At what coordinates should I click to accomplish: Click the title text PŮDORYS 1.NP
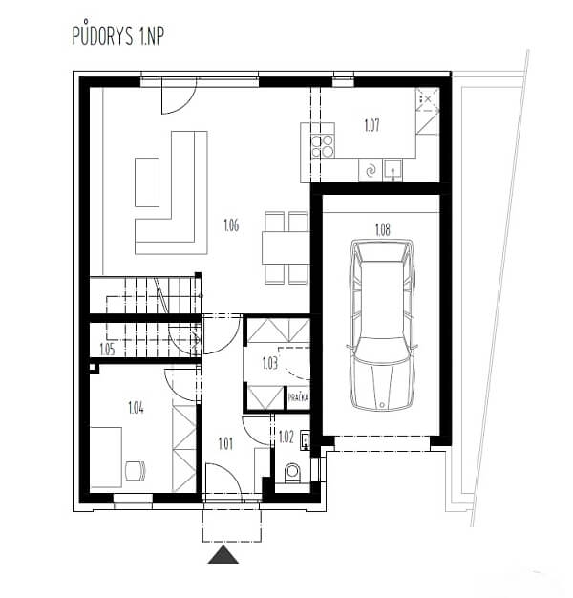pos(118,35)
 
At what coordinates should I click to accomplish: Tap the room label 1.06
pos(231,225)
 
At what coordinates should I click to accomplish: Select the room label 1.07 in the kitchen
pos(371,125)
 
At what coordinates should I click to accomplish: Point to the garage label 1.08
pos(383,230)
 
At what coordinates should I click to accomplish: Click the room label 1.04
pos(137,408)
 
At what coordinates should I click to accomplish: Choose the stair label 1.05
pos(107,350)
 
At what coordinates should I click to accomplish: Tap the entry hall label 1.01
pos(225,444)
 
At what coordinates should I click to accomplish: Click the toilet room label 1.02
pos(286,438)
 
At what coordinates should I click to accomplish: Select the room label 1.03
pos(269,363)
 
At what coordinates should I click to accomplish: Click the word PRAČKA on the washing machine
pos(298,397)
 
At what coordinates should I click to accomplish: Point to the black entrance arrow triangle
pos(223,554)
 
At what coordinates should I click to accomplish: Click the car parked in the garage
pos(382,325)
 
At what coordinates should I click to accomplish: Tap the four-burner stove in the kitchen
pos(323,146)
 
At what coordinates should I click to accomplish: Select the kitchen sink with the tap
pos(393,169)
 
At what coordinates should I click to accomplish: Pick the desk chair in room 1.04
pos(136,471)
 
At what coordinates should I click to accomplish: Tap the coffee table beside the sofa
pos(147,182)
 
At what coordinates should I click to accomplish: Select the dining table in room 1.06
pos(286,247)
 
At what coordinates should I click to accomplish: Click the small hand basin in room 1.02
pos(305,439)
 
